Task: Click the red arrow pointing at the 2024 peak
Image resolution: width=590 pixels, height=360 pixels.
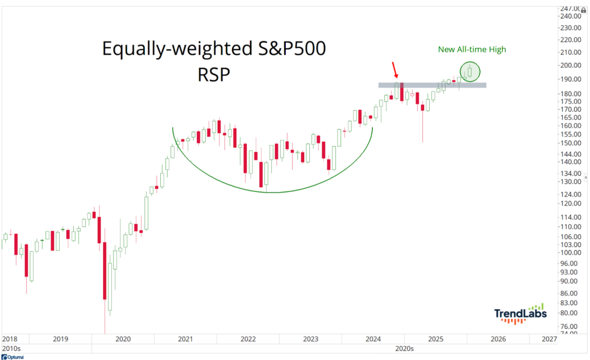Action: [x=395, y=69]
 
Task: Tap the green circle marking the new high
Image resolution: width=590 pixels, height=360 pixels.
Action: [x=470, y=71]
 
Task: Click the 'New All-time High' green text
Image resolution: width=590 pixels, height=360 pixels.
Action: [x=471, y=50]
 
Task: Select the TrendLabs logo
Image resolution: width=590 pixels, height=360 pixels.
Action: [x=520, y=314]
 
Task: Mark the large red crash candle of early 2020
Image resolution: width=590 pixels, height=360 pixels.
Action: [x=105, y=271]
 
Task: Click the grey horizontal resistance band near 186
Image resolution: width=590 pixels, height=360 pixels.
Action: [x=432, y=85]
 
